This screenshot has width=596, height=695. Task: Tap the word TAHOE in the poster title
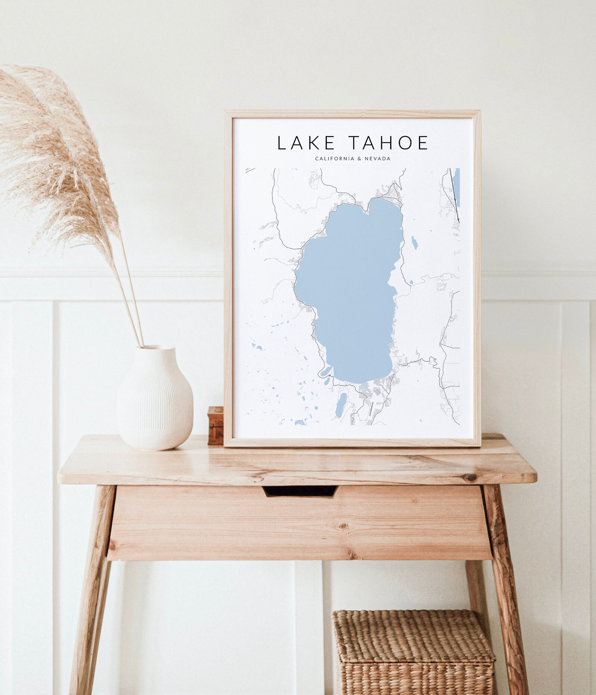[388, 143]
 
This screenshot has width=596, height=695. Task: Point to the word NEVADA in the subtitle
[378, 159]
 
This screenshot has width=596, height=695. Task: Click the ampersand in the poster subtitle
[359, 159]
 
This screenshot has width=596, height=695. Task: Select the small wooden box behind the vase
[215, 425]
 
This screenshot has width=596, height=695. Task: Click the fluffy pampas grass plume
[56, 157]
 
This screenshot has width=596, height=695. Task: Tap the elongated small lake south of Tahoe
[341, 405]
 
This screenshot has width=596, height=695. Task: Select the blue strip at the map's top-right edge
[457, 187]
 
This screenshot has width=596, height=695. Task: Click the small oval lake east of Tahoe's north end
[415, 243]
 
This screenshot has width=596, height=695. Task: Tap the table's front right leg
[506, 590]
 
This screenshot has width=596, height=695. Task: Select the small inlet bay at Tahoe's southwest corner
[325, 371]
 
